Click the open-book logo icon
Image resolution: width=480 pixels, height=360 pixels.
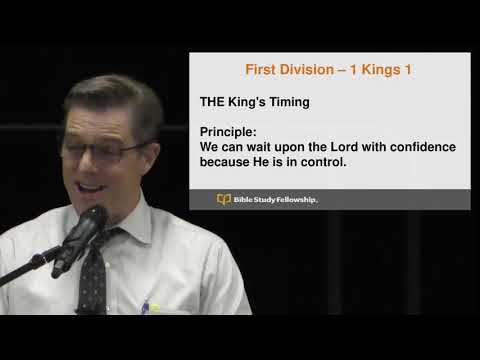click(224, 200)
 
